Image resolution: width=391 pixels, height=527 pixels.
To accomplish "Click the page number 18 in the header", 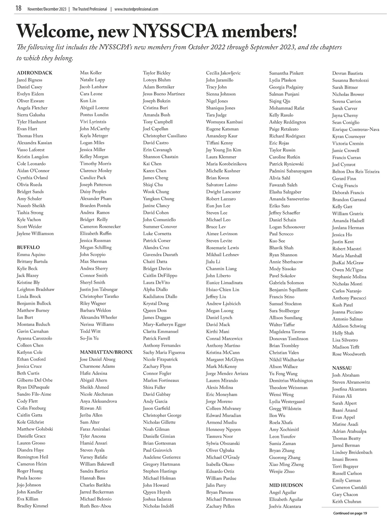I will [18, 8].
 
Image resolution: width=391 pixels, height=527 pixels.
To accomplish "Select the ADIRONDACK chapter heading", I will [35, 73].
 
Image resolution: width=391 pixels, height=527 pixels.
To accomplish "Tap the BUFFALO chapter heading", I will [28, 247].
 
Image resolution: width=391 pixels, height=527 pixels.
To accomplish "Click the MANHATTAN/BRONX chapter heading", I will [106, 352].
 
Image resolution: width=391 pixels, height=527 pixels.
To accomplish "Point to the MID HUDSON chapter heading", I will [286, 485].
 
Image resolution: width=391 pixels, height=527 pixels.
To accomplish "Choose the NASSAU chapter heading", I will [342, 368].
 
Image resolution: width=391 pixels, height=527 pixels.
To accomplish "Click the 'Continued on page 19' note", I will [350, 513].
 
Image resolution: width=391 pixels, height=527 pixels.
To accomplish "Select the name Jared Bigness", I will [30, 80].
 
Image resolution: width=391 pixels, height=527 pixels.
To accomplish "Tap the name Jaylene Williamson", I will [36, 234].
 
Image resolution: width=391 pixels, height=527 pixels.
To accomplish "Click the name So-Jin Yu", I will [89, 338].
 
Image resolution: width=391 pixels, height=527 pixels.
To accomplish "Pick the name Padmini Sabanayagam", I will [291, 171].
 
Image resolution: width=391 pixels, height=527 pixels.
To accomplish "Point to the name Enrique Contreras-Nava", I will [356, 130].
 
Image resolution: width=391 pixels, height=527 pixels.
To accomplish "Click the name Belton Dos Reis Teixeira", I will [356, 172].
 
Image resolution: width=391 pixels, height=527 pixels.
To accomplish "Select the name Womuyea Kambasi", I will [224, 122].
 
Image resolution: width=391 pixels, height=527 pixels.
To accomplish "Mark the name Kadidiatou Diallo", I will [160, 297].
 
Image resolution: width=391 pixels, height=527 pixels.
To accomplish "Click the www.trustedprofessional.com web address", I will [137, 9].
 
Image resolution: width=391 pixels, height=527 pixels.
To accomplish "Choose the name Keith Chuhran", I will [347, 502].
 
